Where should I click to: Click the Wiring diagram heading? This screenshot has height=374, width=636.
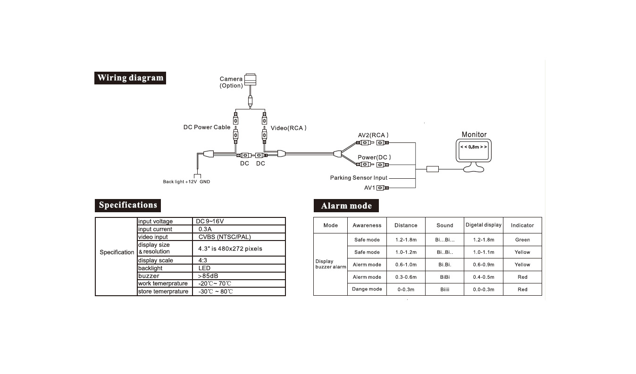130,78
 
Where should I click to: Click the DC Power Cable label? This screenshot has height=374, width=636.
207,127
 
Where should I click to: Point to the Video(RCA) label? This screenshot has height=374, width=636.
288,128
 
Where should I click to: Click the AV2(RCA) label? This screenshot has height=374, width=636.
373,135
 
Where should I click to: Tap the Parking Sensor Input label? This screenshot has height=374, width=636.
359,178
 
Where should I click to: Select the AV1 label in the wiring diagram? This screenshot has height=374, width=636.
369,188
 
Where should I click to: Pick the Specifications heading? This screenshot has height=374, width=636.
127,205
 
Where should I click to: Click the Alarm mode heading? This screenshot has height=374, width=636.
346,206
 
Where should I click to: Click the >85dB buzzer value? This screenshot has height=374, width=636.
208,276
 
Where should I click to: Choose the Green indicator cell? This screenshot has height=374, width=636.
522,240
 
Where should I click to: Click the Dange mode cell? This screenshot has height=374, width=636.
367,289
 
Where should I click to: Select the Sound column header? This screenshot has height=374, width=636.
444,225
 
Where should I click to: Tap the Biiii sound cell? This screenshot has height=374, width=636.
444,289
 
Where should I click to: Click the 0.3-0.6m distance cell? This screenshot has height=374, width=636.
406,277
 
